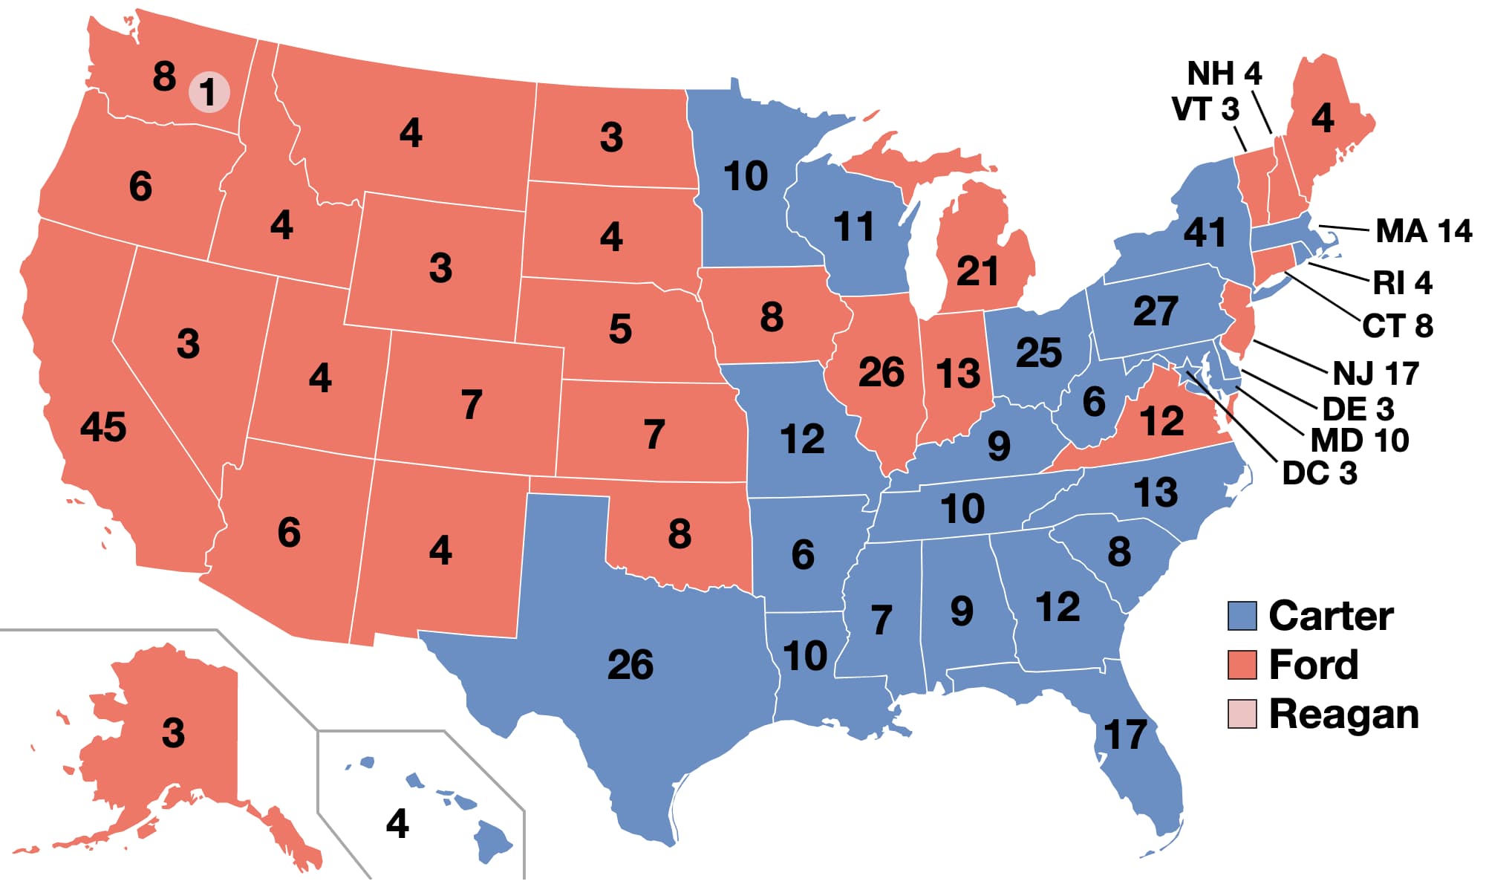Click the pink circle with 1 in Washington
click(209, 93)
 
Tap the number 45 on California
click(103, 427)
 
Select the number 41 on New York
click(1205, 233)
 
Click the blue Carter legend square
click(1242, 616)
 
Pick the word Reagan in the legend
click(1343, 714)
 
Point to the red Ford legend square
click(1242, 665)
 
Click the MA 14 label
click(1423, 231)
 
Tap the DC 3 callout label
click(1320, 473)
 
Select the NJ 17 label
click(1375, 374)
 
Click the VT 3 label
click(1205, 109)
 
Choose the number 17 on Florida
click(1125, 735)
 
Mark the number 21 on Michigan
click(977, 271)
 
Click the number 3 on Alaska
click(173, 733)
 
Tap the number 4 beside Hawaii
click(397, 824)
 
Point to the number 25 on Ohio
click(1038, 353)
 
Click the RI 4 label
click(1401, 283)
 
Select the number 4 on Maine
click(1322, 118)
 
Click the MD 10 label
click(1359, 441)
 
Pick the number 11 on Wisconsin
click(853, 227)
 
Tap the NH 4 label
click(1224, 74)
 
